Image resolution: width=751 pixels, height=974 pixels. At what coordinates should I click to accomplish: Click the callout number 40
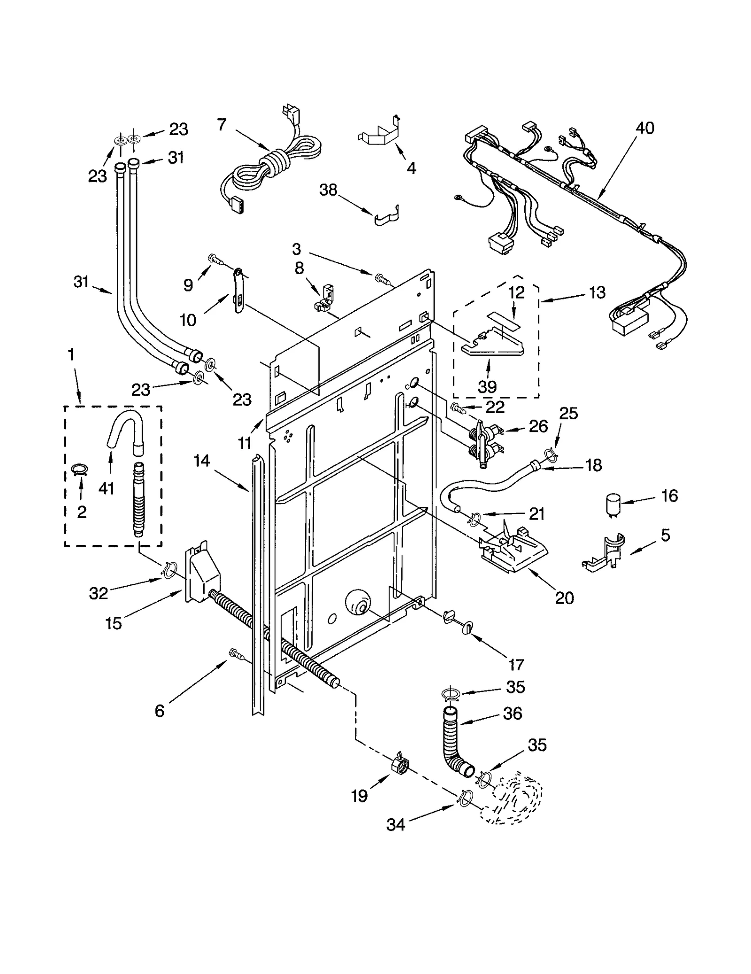[x=645, y=128]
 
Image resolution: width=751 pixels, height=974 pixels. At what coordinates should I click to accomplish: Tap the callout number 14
[x=201, y=461]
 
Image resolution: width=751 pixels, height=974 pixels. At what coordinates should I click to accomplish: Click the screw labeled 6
[x=235, y=653]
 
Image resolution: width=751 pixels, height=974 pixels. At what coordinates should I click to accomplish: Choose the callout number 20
[x=564, y=598]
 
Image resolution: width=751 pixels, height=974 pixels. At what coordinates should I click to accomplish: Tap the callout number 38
[x=328, y=190]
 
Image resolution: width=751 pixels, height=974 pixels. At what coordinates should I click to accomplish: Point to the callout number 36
[x=512, y=713]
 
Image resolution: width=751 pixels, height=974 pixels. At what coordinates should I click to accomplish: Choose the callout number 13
[x=597, y=292]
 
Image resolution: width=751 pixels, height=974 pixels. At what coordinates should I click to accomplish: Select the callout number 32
[x=99, y=593]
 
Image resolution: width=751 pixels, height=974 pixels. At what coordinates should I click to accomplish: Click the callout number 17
[x=515, y=665]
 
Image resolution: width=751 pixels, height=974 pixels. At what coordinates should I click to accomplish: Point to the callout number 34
[x=395, y=824]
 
